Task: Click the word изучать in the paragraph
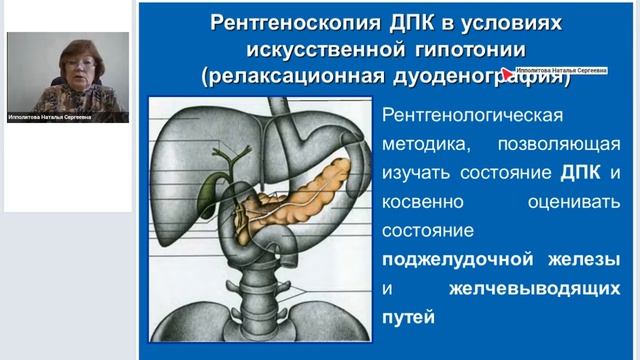(420, 175)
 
